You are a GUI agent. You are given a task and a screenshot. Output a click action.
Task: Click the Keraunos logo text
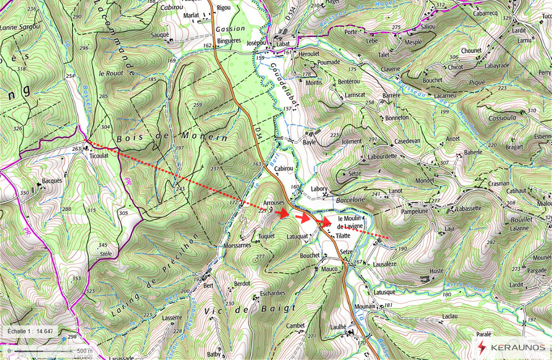coord(517,347)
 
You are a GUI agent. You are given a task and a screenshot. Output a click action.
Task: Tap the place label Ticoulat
coord(99,156)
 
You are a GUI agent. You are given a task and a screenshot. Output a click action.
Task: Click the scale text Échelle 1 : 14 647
coord(30,331)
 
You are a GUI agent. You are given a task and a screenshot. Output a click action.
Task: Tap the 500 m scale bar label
coord(85,351)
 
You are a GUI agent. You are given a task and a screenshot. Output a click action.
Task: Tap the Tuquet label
coord(267,236)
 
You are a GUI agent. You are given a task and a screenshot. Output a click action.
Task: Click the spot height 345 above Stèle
coord(102,245)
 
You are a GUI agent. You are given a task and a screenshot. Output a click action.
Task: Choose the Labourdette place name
coord(382,156)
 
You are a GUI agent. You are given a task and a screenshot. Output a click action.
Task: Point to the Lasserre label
coord(172,317)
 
